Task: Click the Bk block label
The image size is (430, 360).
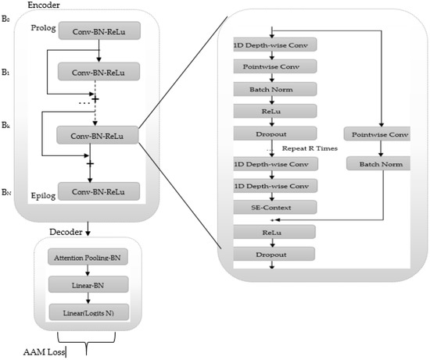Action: coord(7,125)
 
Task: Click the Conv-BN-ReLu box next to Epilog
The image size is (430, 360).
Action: coord(99,191)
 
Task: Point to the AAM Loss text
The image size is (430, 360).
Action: coord(43,352)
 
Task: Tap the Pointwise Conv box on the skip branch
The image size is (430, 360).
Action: coord(380,135)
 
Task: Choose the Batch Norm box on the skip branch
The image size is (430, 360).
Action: coord(380,166)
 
